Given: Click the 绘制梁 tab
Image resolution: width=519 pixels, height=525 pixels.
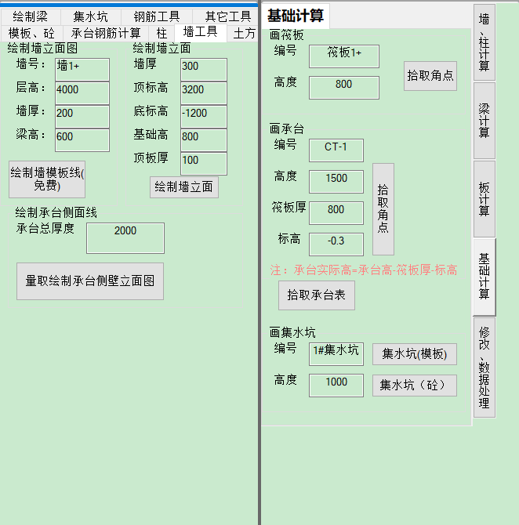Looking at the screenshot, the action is tap(31, 16).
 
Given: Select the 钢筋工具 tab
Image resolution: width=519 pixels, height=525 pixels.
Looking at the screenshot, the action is tap(157, 16).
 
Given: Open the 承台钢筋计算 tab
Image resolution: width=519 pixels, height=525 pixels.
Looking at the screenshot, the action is tap(106, 33).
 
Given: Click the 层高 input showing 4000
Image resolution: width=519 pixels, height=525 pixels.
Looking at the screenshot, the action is tap(82, 92).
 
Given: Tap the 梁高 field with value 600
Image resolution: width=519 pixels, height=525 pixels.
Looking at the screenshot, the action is tap(82, 140).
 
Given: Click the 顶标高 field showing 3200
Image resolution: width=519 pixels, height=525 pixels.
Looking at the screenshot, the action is tap(204, 92).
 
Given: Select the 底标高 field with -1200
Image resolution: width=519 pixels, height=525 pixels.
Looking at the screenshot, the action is tap(204, 116).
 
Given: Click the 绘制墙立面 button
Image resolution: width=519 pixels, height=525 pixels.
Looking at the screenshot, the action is tap(184, 187).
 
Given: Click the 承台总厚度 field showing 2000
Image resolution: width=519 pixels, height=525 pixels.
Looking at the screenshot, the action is tap(125, 238).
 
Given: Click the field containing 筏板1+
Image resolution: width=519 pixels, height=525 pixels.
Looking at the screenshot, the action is tap(344, 56).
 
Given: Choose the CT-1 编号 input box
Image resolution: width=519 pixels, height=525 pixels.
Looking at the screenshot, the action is tap(336, 150).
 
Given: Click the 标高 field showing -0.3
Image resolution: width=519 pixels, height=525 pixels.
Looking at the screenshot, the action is tap(336, 244).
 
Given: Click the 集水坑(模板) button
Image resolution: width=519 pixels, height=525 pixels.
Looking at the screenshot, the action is tap(415, 354).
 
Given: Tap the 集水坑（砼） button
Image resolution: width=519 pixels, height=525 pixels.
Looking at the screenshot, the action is tap(415, 386).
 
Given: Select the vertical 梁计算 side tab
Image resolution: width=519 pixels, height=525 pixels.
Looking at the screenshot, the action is tap(485, 121).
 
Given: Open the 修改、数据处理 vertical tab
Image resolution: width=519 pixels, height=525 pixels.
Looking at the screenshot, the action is tap(485, 367).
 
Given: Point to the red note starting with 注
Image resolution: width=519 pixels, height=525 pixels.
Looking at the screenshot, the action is tap(364, 270).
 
